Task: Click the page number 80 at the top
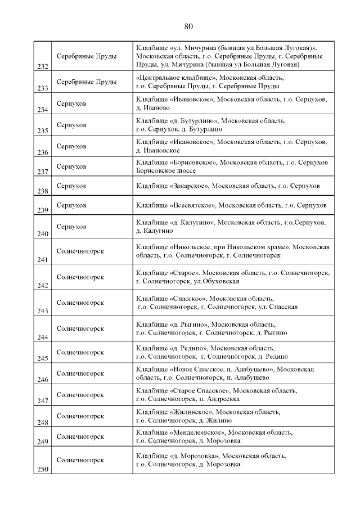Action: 188,26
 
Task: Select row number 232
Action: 42,66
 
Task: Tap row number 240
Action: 42,233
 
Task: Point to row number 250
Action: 42,470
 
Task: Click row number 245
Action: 42,358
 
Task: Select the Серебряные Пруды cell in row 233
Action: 87,82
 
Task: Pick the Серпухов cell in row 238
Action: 71,186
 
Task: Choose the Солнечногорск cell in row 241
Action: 80,251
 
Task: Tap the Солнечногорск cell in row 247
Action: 80,394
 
